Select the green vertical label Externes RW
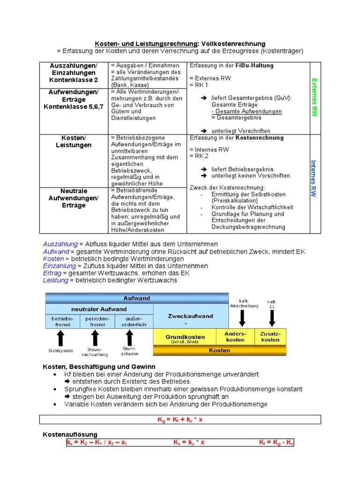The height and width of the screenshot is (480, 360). point(315,97)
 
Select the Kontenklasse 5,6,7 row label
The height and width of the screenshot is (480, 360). point(74,107)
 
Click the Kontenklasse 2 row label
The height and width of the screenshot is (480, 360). point(74,80)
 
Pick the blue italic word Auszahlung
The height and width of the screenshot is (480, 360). point(60,244)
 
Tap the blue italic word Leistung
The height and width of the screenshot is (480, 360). point(55,280)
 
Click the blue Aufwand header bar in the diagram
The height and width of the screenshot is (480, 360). point(136,298)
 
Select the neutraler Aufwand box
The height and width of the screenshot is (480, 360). point(99,309)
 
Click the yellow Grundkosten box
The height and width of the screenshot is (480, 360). point(185,337)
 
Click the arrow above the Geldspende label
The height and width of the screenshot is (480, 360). point(60,337)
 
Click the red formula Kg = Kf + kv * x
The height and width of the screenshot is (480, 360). point(180,420)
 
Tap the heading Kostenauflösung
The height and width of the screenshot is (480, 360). point(70,435)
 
